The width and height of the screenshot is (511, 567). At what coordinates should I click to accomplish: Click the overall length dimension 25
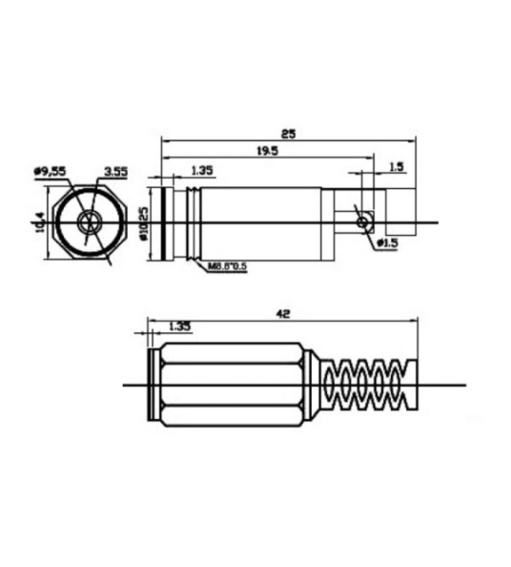[289, 134]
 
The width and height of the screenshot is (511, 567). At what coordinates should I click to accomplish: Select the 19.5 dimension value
[268, 151]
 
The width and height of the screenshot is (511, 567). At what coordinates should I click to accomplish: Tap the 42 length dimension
[282, 313]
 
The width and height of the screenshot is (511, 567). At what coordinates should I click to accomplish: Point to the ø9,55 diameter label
[50, 171]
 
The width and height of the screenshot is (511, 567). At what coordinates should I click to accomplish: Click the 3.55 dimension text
[117, 172]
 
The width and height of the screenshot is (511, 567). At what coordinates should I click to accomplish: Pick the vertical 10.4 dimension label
[39, 223]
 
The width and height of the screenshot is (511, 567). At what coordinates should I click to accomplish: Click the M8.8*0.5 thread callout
[227, 266]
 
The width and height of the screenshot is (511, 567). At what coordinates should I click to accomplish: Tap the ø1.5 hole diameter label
[386, 243]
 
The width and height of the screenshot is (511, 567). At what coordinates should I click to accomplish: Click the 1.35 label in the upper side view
[202, 171]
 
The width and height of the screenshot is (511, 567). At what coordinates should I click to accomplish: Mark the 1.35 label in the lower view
[178, 326]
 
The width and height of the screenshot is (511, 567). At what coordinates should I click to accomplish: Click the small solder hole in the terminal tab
[362, 222]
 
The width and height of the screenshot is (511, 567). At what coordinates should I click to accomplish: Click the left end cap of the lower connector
[154, 386]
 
